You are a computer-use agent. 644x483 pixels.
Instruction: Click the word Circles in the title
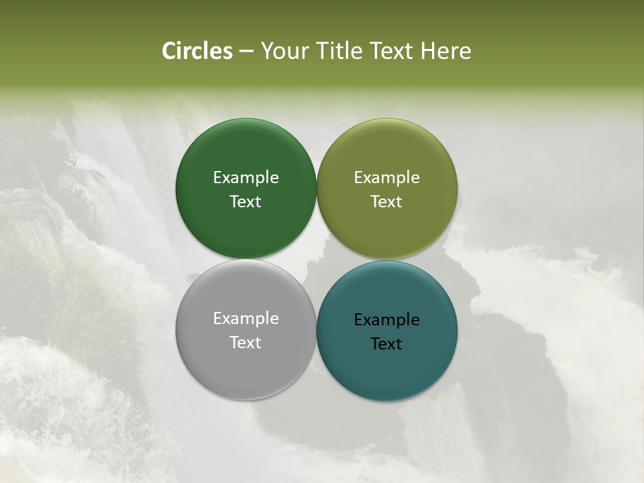click(x=197, y=51)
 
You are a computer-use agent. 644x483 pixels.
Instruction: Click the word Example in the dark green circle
click(x=246, y=178)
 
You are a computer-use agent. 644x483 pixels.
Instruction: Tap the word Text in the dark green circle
click(x=246, y=202)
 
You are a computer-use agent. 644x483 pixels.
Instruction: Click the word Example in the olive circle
click(x=386, y=178)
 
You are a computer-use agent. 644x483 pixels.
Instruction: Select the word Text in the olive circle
click(x=386, y=202)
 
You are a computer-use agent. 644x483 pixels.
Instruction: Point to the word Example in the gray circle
click(x=246, y=319)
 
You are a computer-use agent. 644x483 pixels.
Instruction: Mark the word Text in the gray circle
click(x=246, y=343)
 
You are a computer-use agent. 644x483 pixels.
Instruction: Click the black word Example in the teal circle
click(x=386, y=320)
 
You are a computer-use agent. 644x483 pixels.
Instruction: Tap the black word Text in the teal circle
click(x=386, y=344)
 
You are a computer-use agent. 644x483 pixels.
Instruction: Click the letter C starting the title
click(x=168, y=51)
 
